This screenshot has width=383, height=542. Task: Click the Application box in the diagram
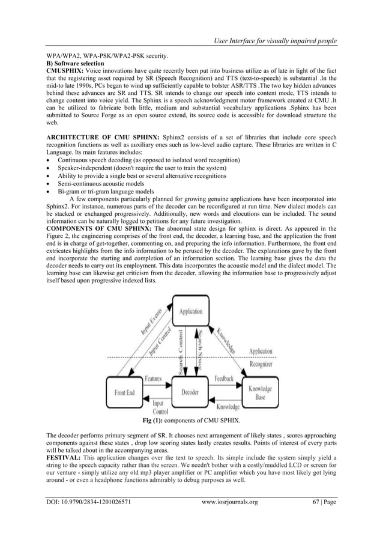pos(191,312)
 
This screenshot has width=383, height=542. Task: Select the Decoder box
pos(191,392)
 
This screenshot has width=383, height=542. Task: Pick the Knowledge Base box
pos(260,393)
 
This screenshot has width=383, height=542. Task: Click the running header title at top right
pos(271,40)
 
